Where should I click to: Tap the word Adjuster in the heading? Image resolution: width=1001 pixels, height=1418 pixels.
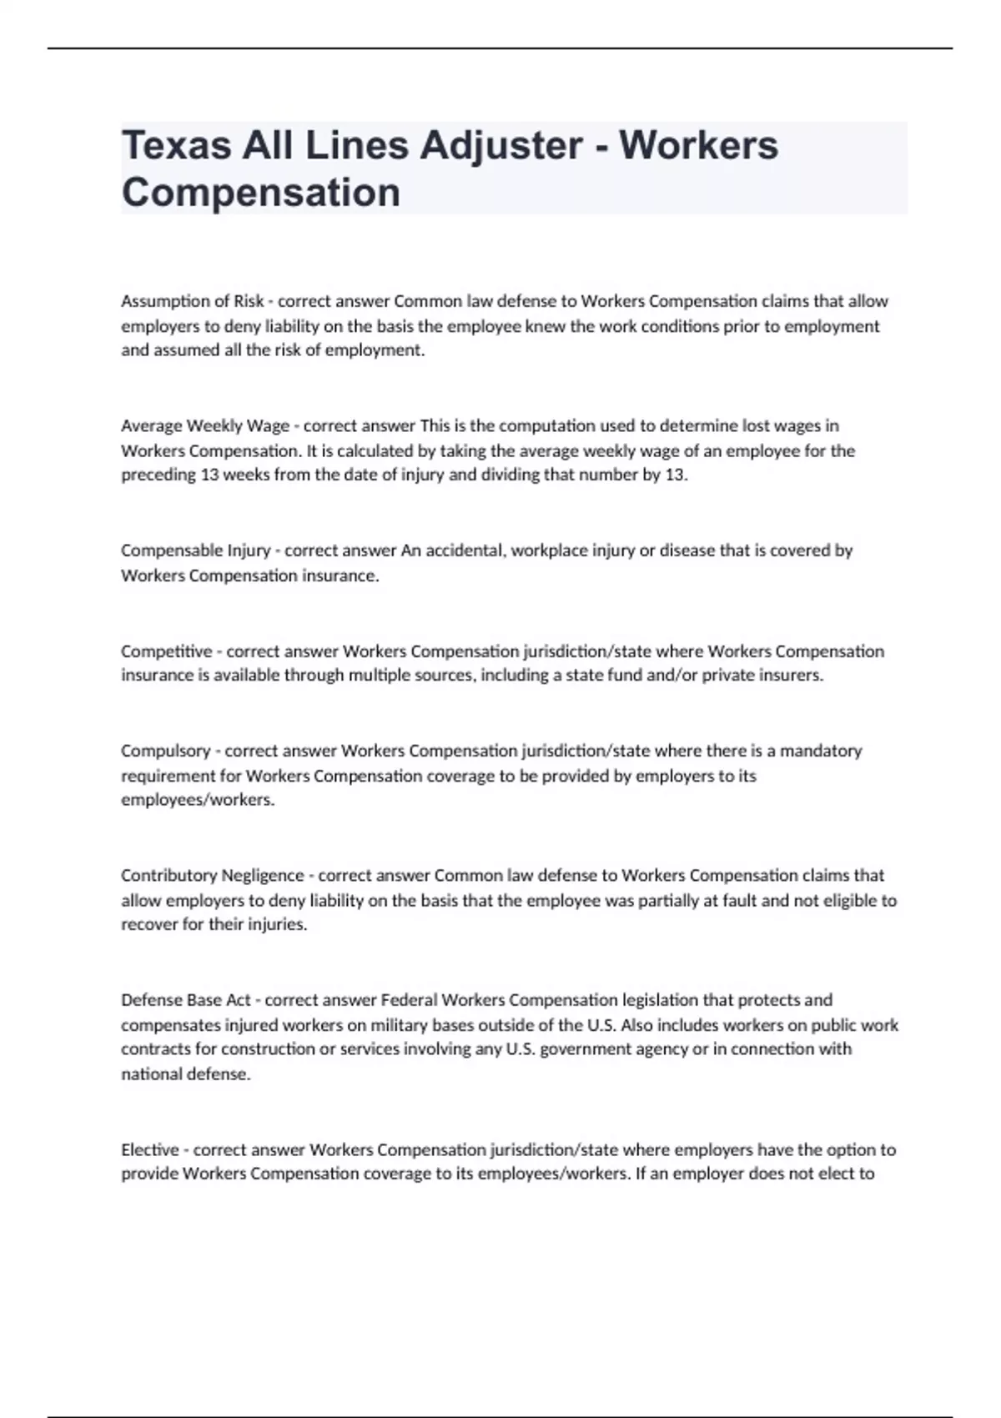pos(500,146)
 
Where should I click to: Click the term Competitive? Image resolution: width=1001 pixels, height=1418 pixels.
pos(166,651)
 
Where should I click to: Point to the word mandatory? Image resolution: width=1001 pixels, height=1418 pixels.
pos(821,751)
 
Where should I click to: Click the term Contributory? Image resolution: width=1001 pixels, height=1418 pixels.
pos(169,876)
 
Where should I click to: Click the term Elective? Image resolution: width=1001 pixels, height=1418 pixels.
pos(151,1150)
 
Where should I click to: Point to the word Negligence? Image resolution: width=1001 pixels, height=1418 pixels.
pos(263,876)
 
